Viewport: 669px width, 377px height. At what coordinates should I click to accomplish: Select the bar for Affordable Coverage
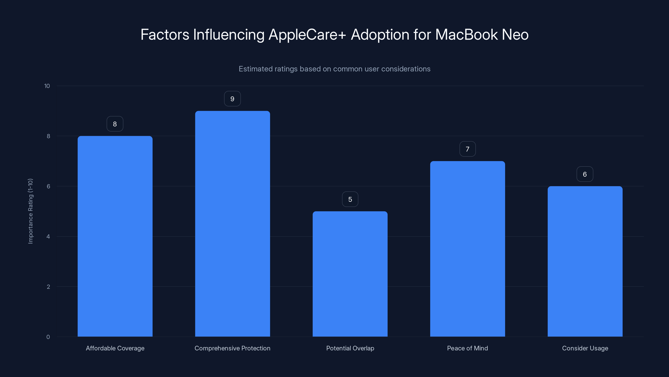coord(115,236)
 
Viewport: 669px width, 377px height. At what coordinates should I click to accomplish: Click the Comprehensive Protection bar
coord(232,224)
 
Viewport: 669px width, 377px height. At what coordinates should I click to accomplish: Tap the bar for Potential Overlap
coord(350,274)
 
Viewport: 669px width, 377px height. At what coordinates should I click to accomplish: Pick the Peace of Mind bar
coord(467,249)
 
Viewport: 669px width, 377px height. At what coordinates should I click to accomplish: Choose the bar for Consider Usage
coord(585,261)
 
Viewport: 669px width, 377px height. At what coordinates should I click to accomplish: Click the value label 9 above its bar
coord(232,99)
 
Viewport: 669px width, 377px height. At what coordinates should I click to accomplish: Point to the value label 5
coord(350,199)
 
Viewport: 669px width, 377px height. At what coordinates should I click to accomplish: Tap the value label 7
coord(467,149)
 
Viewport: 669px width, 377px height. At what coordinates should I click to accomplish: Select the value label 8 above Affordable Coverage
coord(115,124)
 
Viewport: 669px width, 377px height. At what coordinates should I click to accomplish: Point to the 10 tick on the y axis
coord(47,86)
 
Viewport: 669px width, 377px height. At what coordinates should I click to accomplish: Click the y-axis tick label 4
coord(48,236)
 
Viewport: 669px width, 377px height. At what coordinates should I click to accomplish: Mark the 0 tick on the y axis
coord(48,337)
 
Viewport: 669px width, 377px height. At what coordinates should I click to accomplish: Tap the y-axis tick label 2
coord(48,287)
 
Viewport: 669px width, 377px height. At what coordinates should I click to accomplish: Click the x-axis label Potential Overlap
coord(350,348)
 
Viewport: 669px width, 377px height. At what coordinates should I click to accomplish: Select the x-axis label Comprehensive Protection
coord(232,348)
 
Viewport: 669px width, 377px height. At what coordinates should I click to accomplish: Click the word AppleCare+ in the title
coord(307,35)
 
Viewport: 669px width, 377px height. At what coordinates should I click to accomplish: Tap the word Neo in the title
coord(515,35)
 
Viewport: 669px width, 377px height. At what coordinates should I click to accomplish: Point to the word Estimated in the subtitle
coord(255,69)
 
